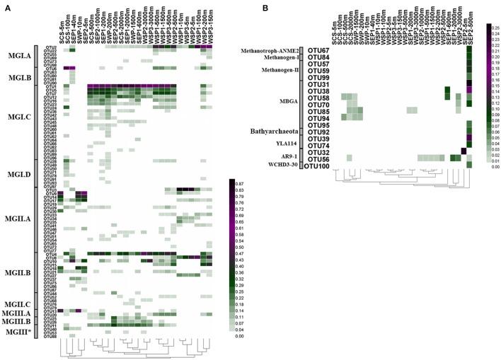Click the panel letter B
265,8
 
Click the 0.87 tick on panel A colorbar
238,182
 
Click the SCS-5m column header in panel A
62,28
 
